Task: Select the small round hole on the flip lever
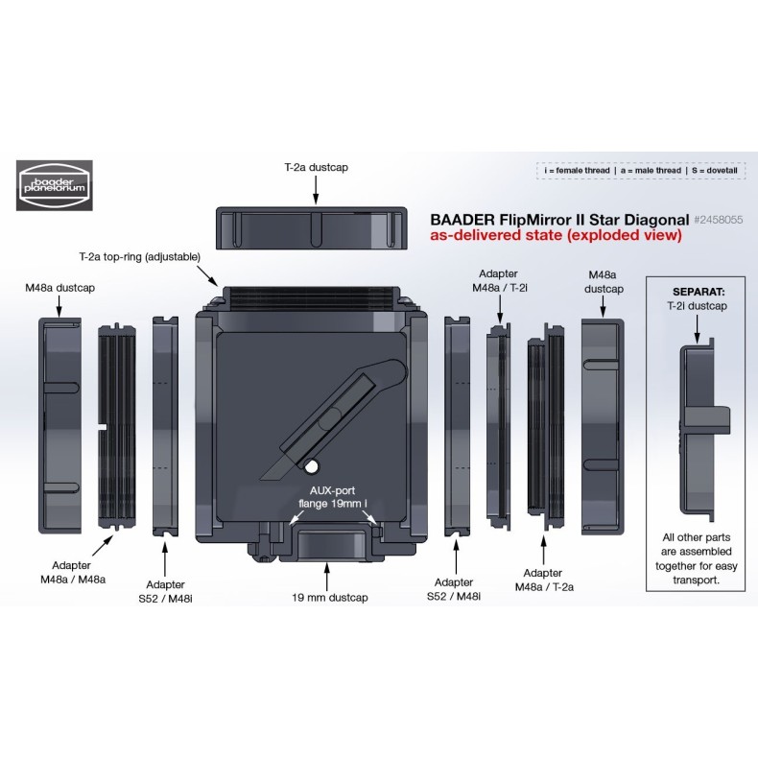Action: pos(312,466)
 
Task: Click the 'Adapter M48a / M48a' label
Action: pos(75,573)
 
